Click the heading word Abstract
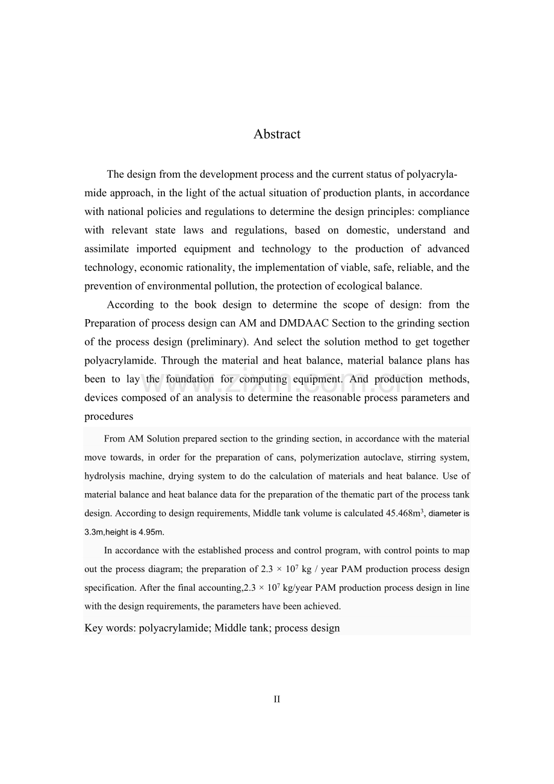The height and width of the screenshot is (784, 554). point(277,134)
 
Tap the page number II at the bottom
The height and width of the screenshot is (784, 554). point(277,699)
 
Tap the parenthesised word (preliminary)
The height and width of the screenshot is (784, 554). point(217,342)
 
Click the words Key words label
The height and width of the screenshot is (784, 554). point(110,628)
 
